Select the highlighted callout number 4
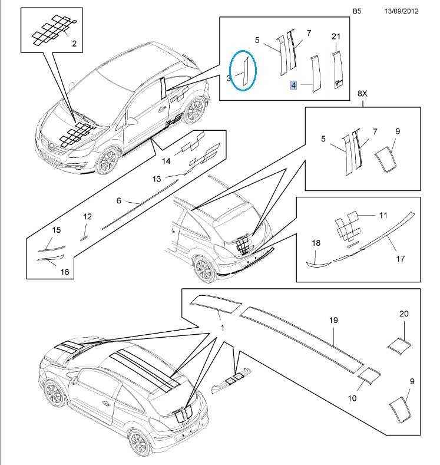coord(293,85)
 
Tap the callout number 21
coord(336,37)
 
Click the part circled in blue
coord(243,70)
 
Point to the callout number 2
coord(74,43)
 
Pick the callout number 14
coord(166,160)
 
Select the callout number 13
coord(156,178)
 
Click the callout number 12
coord(87,217)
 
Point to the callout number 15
coord(57,229)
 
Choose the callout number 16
coord(65,272)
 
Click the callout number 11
coord(384,216)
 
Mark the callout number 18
coord(315,242)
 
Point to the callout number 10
coord(352,398)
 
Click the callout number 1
coord(222,327)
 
